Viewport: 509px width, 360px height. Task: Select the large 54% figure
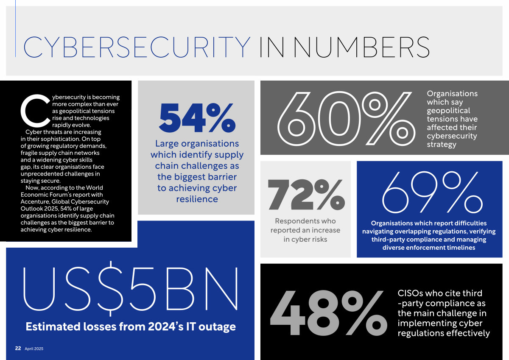click(197, 118)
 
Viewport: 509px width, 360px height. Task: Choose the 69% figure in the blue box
click(429, 193)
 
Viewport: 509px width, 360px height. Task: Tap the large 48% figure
click(328, 314)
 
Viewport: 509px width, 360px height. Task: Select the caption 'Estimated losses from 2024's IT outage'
click(131, 327)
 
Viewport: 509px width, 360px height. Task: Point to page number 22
click(18, 348)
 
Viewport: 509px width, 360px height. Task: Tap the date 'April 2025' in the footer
click(34, 349)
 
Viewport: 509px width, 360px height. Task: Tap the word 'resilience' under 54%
click(197, 199)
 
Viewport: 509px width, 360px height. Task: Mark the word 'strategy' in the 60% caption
click(441, 144)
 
